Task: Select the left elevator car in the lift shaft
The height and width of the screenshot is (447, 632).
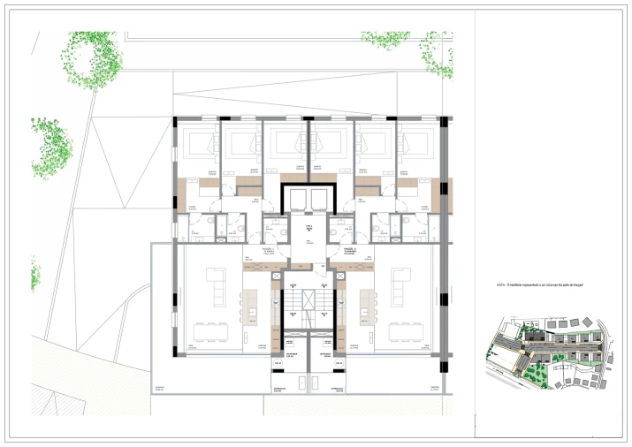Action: tap(295, 199)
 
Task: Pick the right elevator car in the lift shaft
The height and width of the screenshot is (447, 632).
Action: tap(319, 199)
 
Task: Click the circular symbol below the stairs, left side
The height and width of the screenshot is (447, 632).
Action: tap(278, 362)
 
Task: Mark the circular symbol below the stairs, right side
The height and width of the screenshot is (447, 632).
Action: tap(337, 362)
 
